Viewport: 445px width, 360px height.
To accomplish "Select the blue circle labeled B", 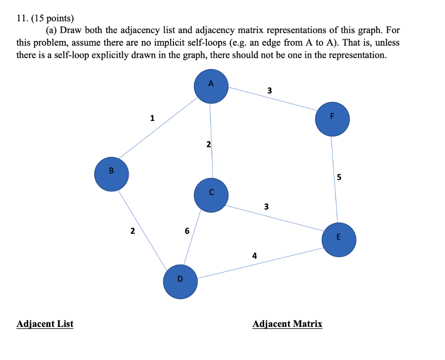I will coord(112,174).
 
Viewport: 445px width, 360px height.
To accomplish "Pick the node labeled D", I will coord(180,282).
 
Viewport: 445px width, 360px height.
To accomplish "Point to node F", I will coord(332,119).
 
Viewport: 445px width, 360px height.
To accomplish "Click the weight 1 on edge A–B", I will coord(152,117).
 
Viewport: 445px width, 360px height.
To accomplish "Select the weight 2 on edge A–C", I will coord(209,144).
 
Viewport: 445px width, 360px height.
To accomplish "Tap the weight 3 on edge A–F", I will coord(269,91).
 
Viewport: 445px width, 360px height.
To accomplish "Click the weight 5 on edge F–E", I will coord(339,177).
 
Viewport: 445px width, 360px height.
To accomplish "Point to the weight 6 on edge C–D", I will coord(187,231).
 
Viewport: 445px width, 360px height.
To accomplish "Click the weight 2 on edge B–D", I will coord(132,230).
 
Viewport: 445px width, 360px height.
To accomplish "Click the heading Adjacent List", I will coord(45,324).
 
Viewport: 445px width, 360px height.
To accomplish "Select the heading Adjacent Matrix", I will coord(287,324).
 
